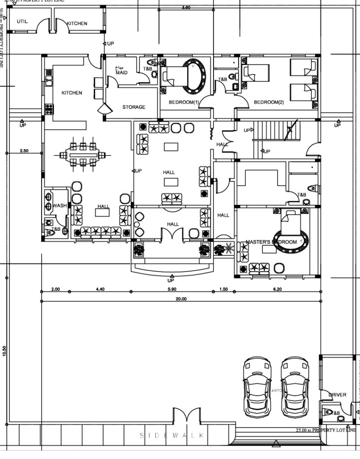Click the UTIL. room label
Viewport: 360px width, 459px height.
pos(22,22)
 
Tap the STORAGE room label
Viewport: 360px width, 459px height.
pos(134,107)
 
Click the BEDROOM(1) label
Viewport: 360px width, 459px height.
pos(183,102)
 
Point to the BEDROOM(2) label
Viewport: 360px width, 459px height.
pos(269,102)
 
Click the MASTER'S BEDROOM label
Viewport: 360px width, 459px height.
pos(271,242)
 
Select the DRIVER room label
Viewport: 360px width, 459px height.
pos(337,395)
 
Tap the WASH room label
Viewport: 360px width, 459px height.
pos(60,206)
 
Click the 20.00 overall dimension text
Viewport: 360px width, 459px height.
pos(181,299)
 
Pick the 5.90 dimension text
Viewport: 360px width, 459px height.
pos(171,289)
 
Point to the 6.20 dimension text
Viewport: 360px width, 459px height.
pos(277,289)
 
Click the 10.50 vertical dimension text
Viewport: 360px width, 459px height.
pos(4,351)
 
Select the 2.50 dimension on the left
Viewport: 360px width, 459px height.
pos(24,151)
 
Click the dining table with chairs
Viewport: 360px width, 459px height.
pos(83,155)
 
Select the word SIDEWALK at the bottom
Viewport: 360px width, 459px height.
pos(172,435)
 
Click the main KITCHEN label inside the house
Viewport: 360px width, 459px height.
pos(72,93)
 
